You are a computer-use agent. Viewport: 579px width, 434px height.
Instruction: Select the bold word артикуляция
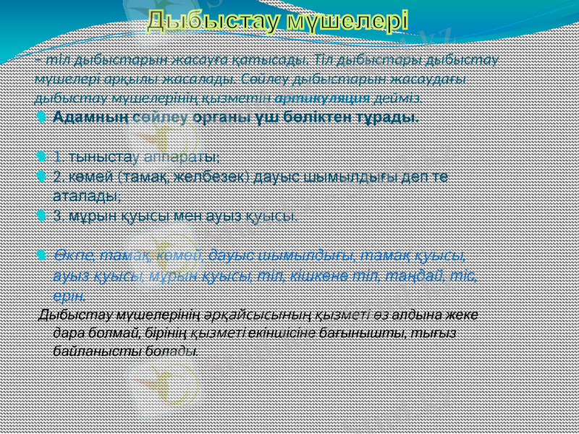322,96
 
